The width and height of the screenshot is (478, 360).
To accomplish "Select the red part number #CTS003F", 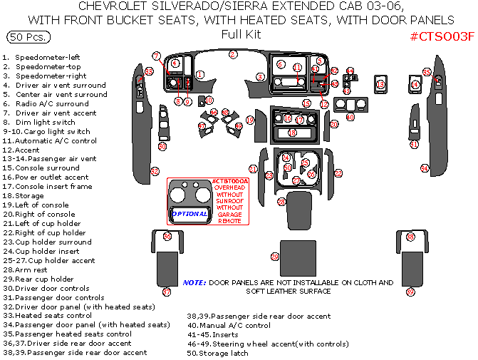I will [x=442, y=36].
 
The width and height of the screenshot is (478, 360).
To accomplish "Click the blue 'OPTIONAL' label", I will [x=190, y=213].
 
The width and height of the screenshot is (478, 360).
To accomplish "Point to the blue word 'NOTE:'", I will [x=194, y=282].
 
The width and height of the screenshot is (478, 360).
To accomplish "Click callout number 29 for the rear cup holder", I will [x=274, y=257].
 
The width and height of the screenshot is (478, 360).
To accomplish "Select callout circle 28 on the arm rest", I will [x=281, y=202].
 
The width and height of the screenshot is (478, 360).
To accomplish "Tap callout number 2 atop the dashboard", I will [x=233, y=54].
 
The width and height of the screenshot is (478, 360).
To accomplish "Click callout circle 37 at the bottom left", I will [x=167, y=292].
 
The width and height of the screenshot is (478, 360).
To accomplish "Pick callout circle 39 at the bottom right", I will [x=410, y=292].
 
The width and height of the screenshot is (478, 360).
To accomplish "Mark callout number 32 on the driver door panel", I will [x=155, y=171].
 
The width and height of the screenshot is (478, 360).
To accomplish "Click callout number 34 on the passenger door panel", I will [x=425, y=169].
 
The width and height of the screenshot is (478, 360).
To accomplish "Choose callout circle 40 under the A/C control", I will [x=350, y=117].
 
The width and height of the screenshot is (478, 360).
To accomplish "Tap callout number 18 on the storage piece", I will [x=291, y=133].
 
